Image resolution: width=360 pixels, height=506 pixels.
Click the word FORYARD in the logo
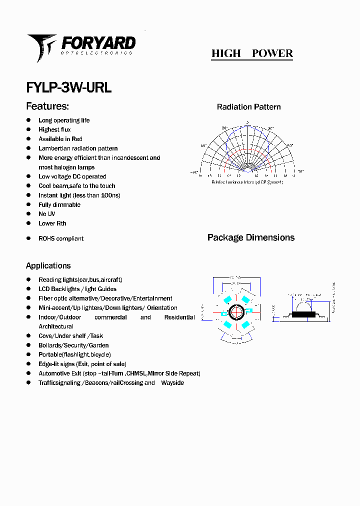pyautogui.click(x=98, y=43)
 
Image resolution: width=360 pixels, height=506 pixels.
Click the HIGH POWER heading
pyautogui.click(x=252, y=53)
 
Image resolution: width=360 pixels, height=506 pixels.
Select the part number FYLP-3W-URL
pyautogui.click(x=68, y=87)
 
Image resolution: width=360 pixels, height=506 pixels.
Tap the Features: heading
pyautogui.click(x=47, y=106)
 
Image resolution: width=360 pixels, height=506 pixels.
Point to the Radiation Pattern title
pyautogui.click(x=248, y=107)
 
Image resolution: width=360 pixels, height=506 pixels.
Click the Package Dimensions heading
pyautogui.click(x=251, y=237)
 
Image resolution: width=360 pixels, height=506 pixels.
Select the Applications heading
pyautogui.click(x=48, y=266)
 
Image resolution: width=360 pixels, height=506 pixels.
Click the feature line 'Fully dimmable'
pyautogui.click(x=59, y=205)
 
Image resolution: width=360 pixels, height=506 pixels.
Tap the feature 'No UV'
pyautogui.click(x=47, y=214)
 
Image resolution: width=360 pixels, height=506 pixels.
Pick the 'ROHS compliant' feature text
pyautogui.click(x=61, y=238)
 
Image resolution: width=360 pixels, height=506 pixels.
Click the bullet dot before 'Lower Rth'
pyautogui.click(x=28, y=223)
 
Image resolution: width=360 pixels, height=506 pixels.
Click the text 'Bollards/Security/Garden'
pyautogui.click(x=73, y=345)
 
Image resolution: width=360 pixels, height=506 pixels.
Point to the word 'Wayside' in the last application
pyautogui.click(x=172, y=383)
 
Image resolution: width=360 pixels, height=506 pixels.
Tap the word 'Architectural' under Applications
pyautogui.click(x=56, y=326)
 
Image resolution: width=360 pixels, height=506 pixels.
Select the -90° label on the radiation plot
pyautogui.click(x=194, y=172)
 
